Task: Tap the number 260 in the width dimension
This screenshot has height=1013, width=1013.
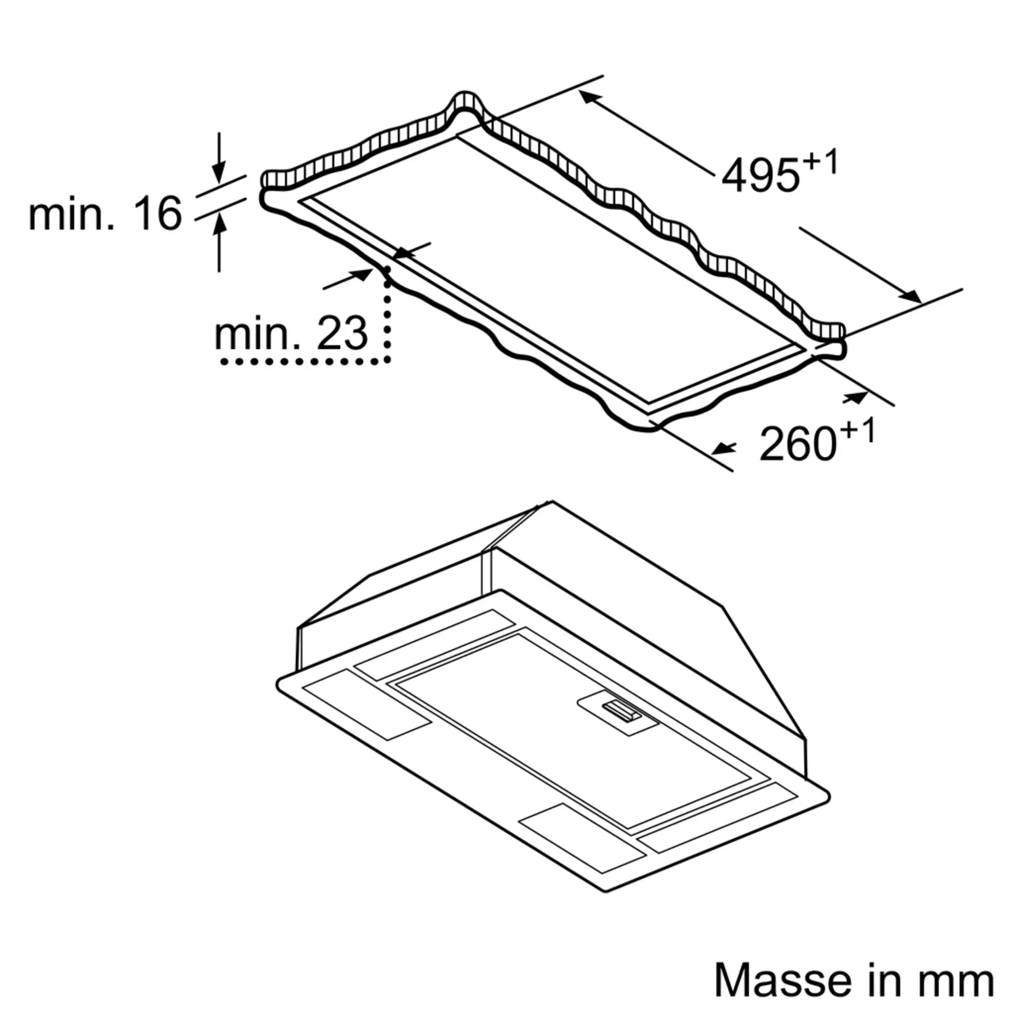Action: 798,444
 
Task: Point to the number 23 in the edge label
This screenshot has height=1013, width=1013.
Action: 342,333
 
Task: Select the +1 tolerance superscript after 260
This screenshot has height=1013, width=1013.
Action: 858,432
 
